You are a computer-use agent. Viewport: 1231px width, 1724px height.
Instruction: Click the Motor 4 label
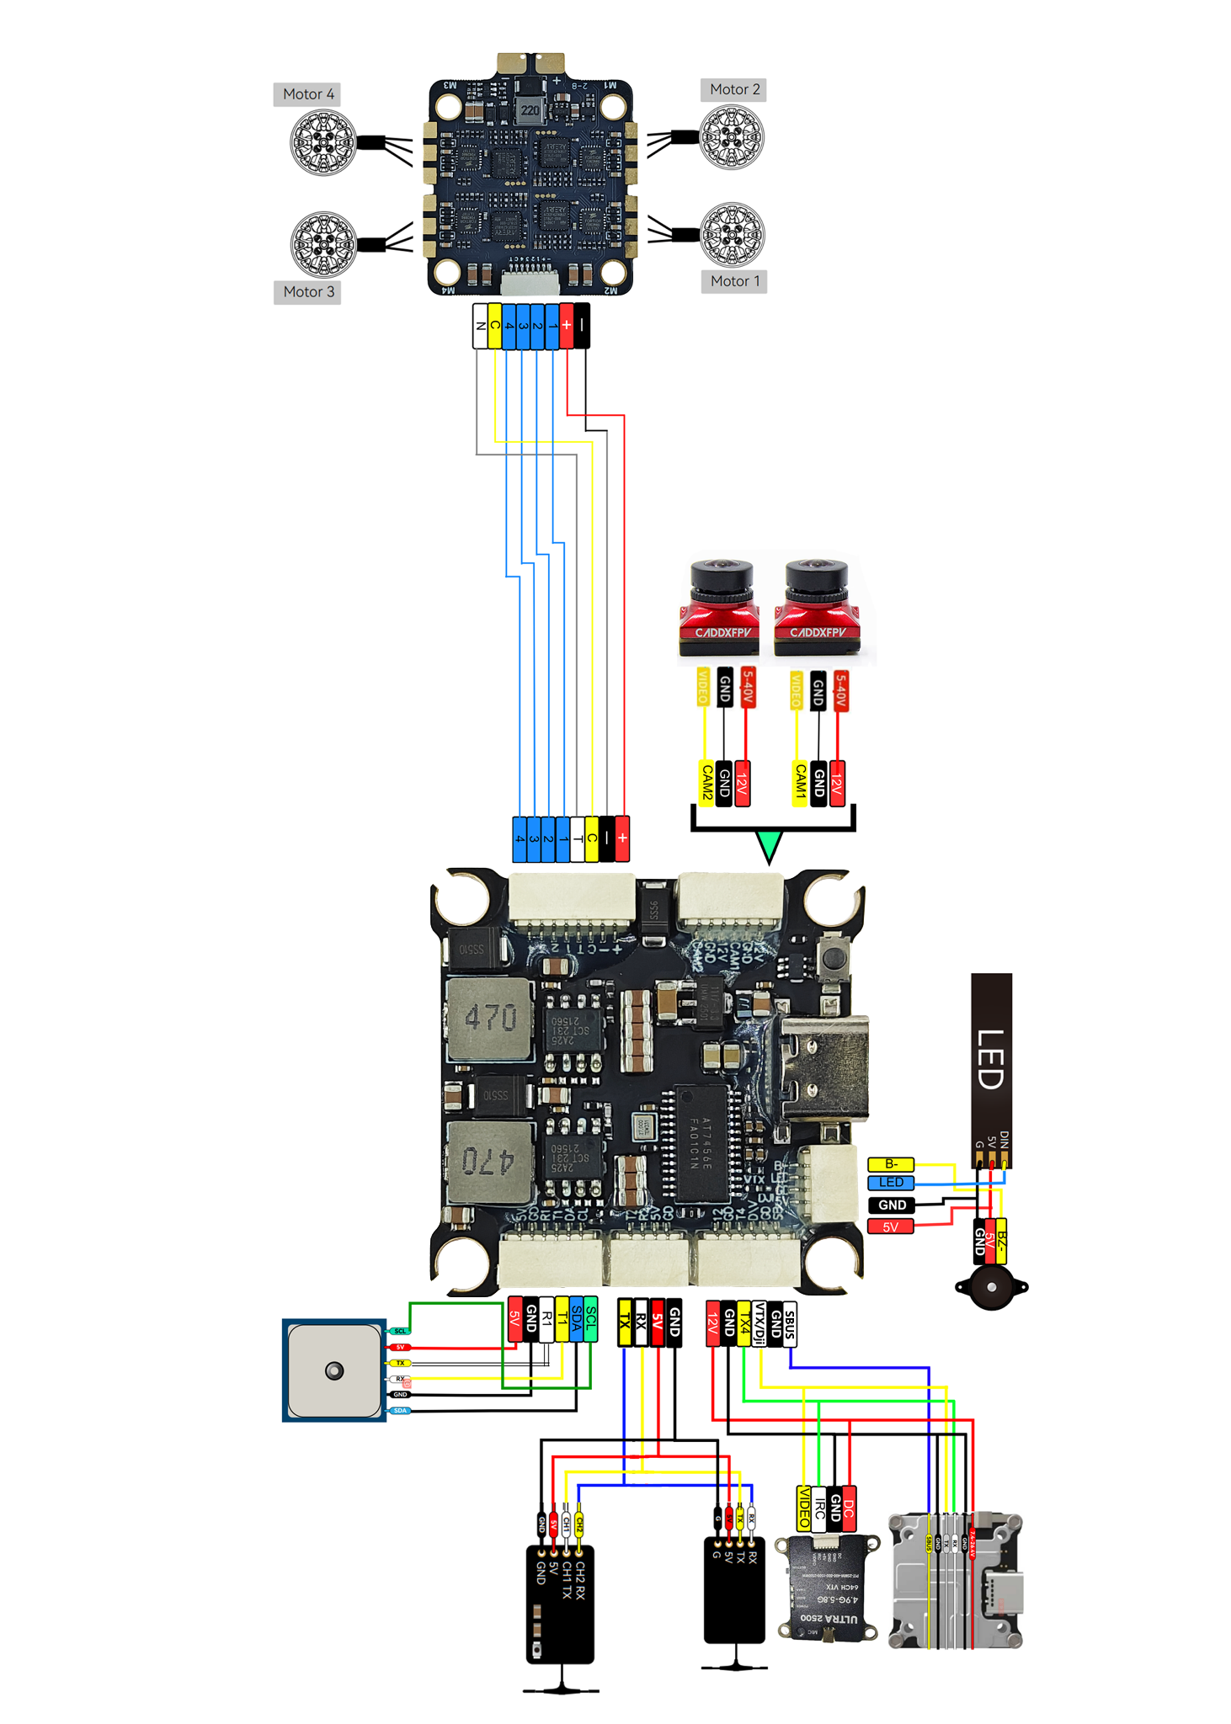point(307,94)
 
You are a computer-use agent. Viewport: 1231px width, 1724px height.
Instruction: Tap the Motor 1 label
point(734,281)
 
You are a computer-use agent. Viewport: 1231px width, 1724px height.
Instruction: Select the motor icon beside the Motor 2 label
point(732,137)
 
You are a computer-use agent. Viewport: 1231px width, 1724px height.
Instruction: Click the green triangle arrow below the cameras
point(769,845)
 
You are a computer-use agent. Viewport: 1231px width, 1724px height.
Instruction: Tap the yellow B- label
point(891,1164)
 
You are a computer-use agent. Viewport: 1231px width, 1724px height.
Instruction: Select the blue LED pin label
point(891,1183)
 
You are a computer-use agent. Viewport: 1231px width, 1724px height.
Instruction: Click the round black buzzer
point(991,1287)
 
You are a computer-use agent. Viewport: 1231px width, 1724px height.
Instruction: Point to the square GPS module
point(334,1370)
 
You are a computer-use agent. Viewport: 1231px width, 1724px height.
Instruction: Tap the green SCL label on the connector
point(591,1319)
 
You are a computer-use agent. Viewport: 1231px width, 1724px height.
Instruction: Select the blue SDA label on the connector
point(576,1319)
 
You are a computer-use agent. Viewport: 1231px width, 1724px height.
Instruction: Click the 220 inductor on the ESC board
point(530,110)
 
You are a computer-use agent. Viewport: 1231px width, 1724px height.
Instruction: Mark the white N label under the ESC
point(480,326)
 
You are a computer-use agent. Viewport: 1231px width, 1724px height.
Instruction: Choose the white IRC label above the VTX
point(819,1508)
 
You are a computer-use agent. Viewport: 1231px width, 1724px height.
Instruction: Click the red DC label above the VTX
point(849,1508)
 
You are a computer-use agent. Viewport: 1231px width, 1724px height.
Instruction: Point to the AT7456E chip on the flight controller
point(701,1143)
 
